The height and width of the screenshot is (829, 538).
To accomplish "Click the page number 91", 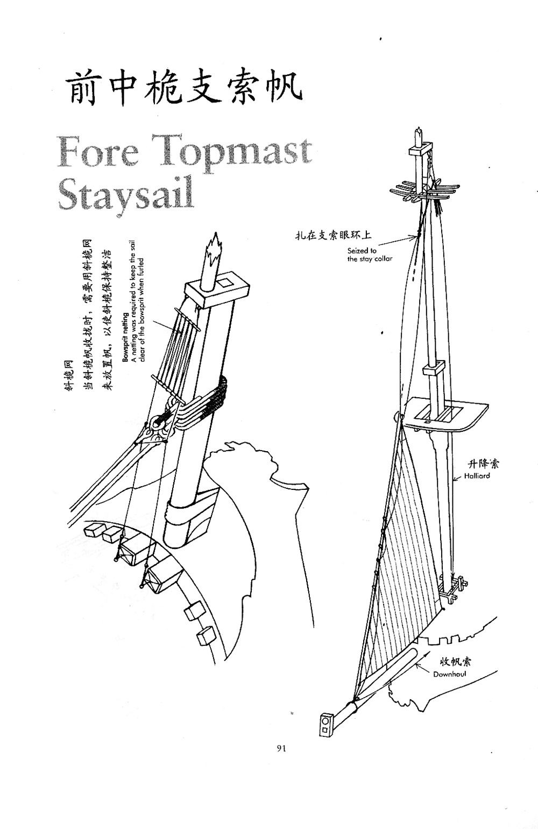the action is pyautogui.click(x=281, y=748).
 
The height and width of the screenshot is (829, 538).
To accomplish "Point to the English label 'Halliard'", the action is pyautogui.click(x=477, y=476).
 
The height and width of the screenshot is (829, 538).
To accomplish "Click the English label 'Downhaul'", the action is pyautogui.click(x=449, y=674).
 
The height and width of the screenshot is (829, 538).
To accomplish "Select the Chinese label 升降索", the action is pyautogui.click(x=484, y=464).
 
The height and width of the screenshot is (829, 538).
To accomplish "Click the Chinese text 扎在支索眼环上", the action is pyautogui.click(x=333, y=235).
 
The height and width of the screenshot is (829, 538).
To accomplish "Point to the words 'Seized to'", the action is pyautogui.click(x=362, y=250).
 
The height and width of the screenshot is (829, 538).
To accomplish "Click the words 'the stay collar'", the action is pyautogui.click(x=370, y=259).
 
